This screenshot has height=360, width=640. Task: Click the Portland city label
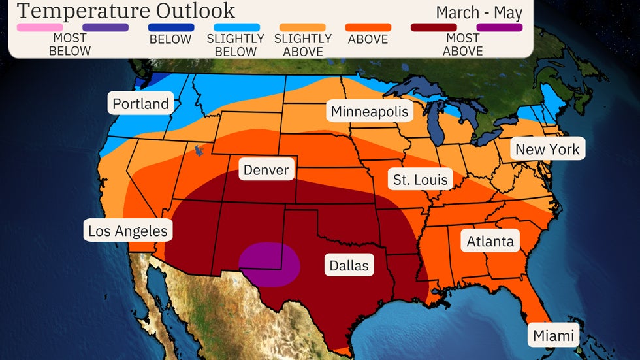pos(140,104)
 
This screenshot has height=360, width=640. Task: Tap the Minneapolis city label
pos(370,112)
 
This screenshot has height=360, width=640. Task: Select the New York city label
pos(547,150)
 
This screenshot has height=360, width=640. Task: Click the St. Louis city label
pos(421,180)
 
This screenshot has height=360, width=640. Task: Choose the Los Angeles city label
pos(128,231)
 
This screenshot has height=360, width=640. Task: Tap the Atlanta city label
pos(490,242)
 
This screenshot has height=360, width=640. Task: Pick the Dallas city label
pos(349,266)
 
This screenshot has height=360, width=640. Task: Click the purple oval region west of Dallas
pos(269,265)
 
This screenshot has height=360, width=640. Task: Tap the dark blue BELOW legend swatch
pos(171,27)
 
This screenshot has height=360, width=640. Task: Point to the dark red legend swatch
pos(434,27)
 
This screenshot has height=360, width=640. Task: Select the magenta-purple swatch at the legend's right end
pos(500,27)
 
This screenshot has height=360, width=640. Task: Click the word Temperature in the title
pos(76,10)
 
